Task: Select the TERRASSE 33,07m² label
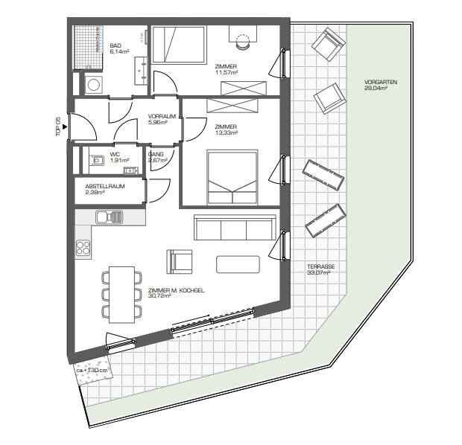321,269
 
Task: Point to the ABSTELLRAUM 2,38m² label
105,189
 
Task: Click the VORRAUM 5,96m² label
162,119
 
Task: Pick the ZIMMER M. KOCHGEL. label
177,290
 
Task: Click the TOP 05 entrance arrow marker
65,127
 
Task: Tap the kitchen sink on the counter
110,217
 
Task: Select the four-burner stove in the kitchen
83,248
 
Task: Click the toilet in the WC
97,161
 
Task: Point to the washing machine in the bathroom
94,85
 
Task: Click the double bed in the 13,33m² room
232,177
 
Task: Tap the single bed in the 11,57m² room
179,45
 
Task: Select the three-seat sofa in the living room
235,227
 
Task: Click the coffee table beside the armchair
238,264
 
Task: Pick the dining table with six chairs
121,295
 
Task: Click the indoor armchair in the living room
180,262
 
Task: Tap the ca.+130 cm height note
92,371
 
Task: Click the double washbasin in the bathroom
141,71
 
